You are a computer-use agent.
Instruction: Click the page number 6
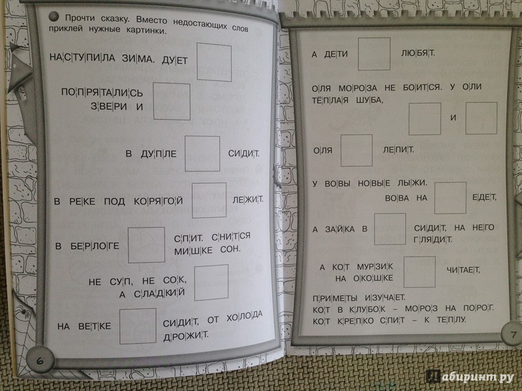tap(40, 361)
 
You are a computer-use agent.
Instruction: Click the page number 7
tap(514, 334)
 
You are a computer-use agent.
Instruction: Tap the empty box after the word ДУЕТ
tap(214, 62)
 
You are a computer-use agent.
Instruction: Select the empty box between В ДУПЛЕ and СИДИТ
tap(202, 154)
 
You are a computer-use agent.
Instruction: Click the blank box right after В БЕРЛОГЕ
tap(146, 245)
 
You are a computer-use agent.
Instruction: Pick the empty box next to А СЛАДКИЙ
tap(211, 283)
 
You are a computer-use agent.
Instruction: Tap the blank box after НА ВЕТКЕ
tap(138, 326)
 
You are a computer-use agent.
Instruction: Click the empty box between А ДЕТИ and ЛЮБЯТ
tap(374, 54)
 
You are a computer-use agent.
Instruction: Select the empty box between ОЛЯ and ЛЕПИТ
tap(356, 151)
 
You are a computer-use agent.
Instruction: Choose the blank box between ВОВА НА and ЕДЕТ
tap(450, 198)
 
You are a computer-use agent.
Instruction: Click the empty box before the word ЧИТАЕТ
tap(420, 272)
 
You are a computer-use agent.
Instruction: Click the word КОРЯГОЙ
tap(159, 201)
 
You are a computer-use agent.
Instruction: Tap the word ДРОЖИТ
tap(186, 336)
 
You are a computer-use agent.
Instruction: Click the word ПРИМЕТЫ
tap(335, 298)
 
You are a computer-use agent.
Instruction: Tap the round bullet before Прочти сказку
tap(54, 16)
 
